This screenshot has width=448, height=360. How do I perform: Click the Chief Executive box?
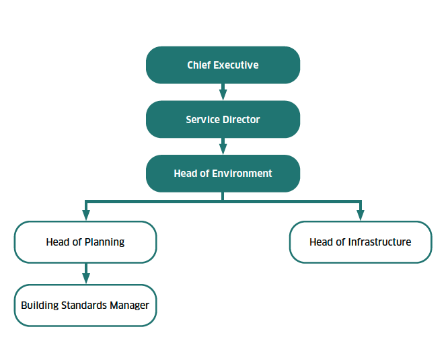(223, 65)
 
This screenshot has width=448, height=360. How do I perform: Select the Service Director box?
(223, 120)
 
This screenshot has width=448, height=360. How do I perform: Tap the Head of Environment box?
(223, 174)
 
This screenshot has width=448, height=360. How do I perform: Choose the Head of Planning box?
(85, 242)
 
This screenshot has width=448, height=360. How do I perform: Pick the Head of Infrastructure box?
(361, 242)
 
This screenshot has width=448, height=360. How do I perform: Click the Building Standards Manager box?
(85, 305)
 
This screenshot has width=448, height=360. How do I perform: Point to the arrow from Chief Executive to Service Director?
(223, 92)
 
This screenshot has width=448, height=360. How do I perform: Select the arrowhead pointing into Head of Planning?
(85, 215)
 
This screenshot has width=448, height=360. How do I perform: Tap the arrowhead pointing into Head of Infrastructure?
(361, 215)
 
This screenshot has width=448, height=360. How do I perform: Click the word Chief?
(199, 65)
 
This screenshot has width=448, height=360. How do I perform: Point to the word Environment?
(242, 174)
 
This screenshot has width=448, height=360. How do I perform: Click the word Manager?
(129, 305)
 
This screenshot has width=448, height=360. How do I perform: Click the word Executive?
(236, 65)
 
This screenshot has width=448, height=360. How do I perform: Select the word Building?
(39, 305)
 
